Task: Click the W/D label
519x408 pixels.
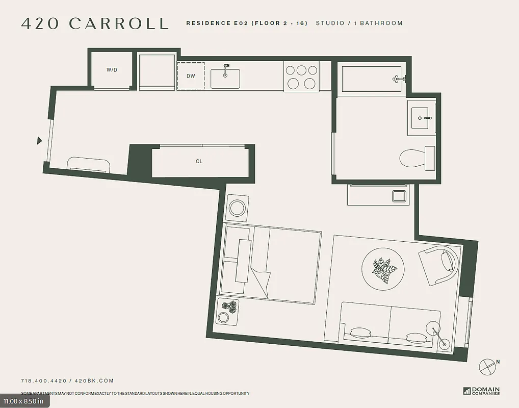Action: click(x=112, y=70)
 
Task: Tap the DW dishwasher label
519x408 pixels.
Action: click(x=191, y=76)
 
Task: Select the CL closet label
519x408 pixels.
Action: click(x=199, y=161)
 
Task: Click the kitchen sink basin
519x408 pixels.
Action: click(x=225, y=79)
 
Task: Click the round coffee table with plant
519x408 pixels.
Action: click(x=383, y=269)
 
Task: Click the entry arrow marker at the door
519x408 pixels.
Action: click(x=39, y=140)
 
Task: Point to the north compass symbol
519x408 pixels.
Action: click(x=488, y=366)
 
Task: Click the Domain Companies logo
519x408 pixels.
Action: click(x=481, y=391)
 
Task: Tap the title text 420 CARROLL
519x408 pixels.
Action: click(x=95, y=23)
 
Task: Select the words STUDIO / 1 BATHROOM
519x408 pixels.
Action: click(x=359, y=23)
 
